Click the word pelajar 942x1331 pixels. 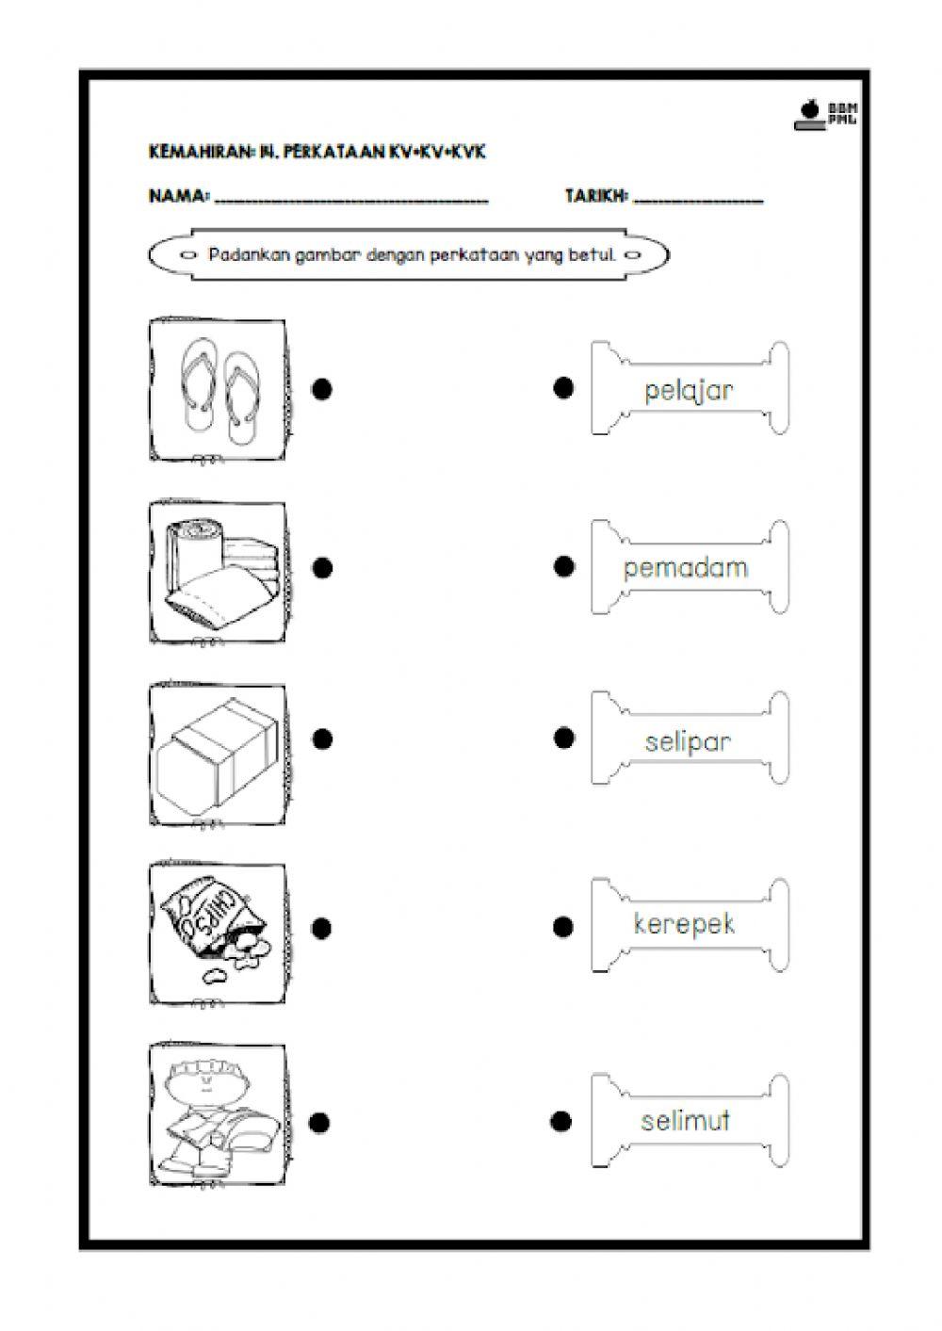(x=688, y=390)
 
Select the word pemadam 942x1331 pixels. (x=685, y=568)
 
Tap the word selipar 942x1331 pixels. (x=688, y=741)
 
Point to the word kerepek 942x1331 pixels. (x=684, y=924)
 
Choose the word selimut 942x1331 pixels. (x=686, y=1121)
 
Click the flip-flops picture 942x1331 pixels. (x=218, y=391)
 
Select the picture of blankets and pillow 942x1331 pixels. (x=218, y=572)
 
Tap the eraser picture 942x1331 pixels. (x=218, y=755)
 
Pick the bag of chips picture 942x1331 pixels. (x=218, y=933)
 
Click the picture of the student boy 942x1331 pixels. (x=218, y=1114)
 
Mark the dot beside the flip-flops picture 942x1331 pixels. (x=323, y=389)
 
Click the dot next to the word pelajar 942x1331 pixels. (x=563, y=388)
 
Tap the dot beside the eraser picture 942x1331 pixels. (x=323, y=739)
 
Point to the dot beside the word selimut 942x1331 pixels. (x=561, y=1121)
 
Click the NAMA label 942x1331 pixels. (x=178, y=197)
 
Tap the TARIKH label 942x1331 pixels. (x=596, y=197)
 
